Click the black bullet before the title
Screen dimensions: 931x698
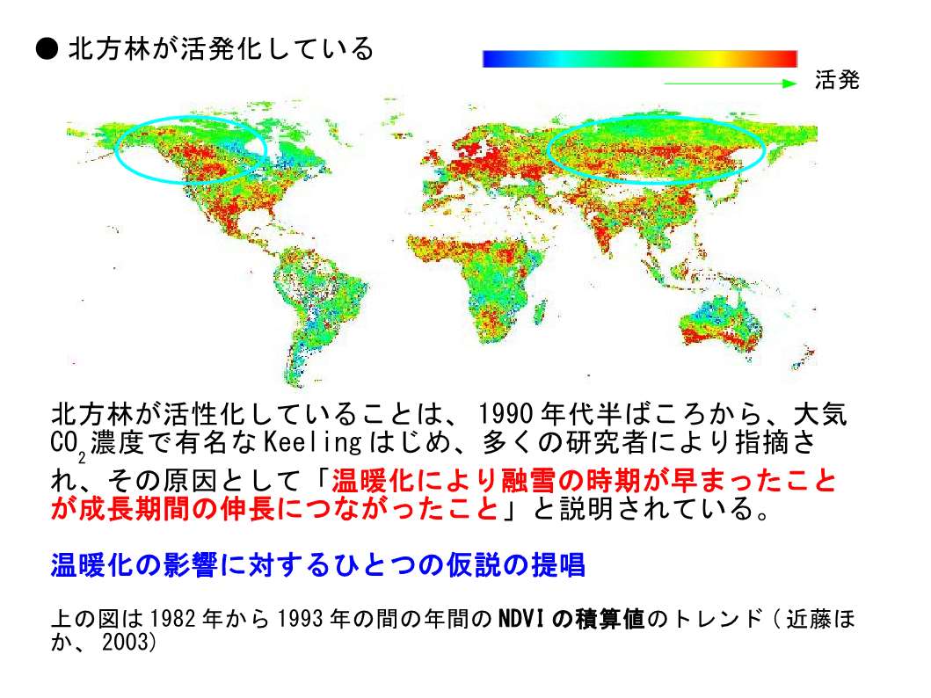(47, 49)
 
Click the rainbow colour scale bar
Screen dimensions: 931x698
(639, 59)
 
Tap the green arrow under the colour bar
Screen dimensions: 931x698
(730, 84)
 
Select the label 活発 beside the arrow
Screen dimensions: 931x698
(837, 79)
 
